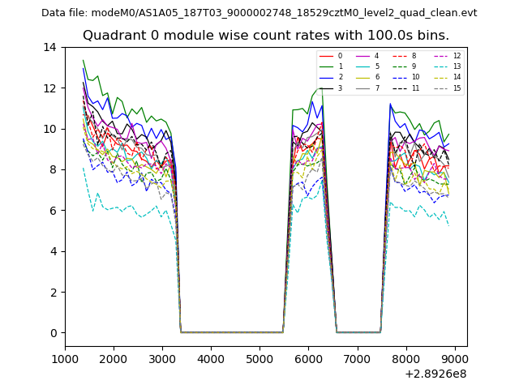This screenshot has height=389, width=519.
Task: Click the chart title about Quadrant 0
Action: click(x=265, y=36)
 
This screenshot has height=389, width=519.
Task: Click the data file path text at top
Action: click(x=259, y=12)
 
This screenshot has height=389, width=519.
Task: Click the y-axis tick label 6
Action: click(x=54, y=211)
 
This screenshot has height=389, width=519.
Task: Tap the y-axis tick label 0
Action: click(x=54, y=333)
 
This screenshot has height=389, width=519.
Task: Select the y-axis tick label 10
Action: click(x=50, y=129)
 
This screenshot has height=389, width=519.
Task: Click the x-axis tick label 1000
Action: click(x=65, y=359)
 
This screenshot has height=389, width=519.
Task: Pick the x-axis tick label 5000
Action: click(x=259, y=359)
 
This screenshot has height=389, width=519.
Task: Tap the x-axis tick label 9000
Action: click(x=454, y=359)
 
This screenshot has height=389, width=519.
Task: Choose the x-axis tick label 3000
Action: click(x=162, y=359)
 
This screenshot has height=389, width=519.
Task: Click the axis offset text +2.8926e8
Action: click(x=435, y=374)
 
